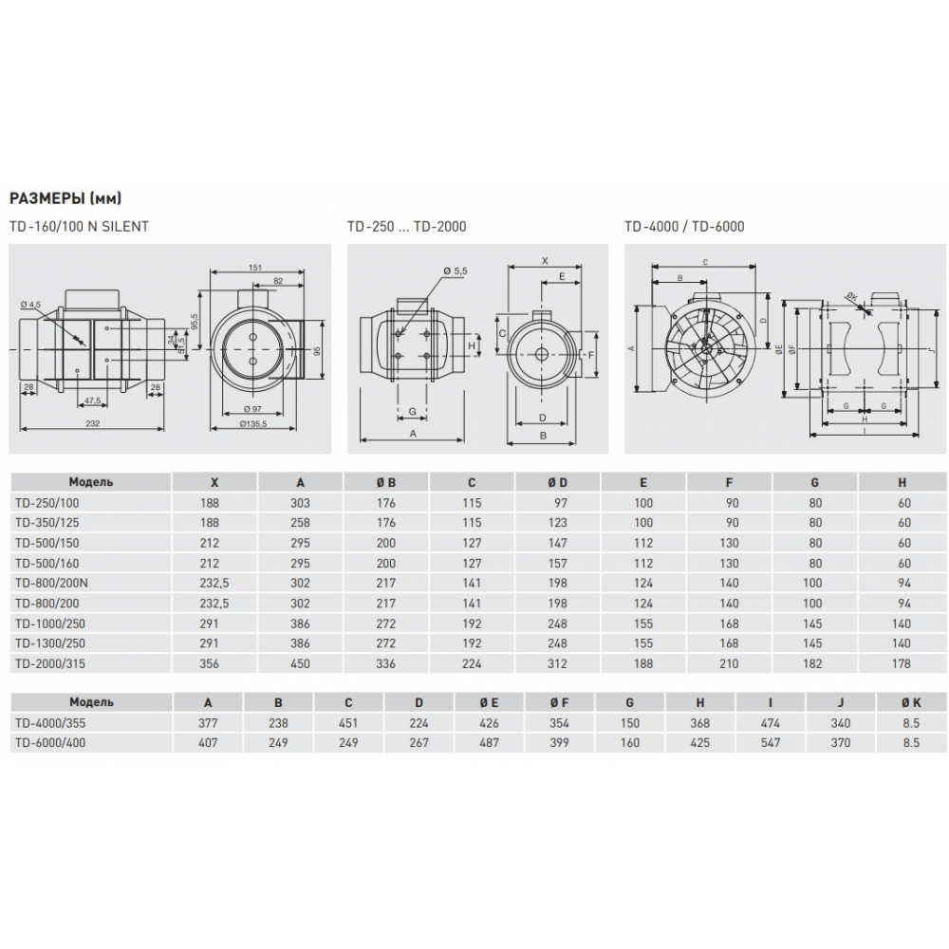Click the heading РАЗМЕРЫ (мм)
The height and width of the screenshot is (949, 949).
(x=65, y=198)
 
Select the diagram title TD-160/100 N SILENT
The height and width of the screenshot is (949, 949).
(x=79, y=227)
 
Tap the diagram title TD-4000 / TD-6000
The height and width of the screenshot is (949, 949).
(x=683, y=227)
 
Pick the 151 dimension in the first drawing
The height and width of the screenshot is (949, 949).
(x=255, y=268)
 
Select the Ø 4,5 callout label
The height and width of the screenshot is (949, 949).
(x=31, y=305)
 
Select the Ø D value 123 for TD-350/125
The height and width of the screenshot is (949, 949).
(x=557, y=522)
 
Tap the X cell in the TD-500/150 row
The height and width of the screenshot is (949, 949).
(x=210, y=543)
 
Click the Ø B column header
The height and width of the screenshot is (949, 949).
(x=386, y=481)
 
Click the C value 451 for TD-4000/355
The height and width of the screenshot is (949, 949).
(x=349, y=723)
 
